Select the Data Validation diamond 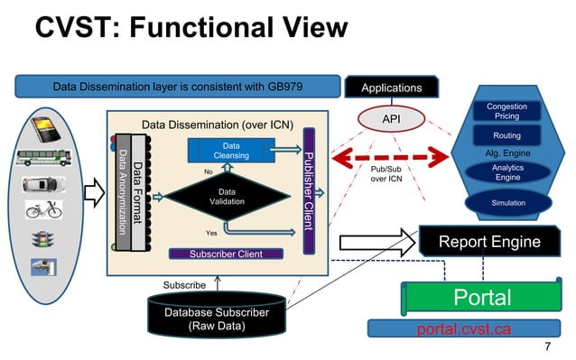pyautogui.click(x=227, y=197)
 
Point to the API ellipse pyautogui.click(x=390, y=118)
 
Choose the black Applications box pyautogui.click(x=391, y=88)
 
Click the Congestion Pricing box pyautogui.click(x=506, y=112)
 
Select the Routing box pyautogui.click(x=506, y=135)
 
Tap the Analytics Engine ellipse pyautogui.click(x=506, y=172)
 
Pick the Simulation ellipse pyautogui.click(x=506, y=204)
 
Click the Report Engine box pyautogui.click(x=489, y=242)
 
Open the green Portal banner pyautogui.click(x=482, y=298)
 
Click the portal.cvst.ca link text pyautogui.click(x=463, y=328)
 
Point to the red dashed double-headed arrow pyautogui.click(x=390, y=159)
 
